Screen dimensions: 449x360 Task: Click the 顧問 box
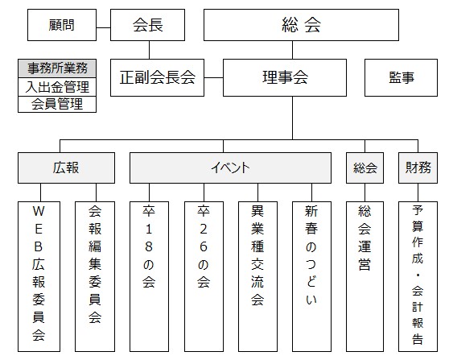(x=62, y=25)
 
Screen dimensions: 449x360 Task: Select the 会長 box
(x=147, y=25)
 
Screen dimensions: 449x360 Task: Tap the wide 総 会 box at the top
(x=301, y=25)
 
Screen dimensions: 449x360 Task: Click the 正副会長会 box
(x=157, y=77)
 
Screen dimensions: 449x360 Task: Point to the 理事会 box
(x=285, y=77)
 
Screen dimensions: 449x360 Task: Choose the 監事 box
(x=401, y=77)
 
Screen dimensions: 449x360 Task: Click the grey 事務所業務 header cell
(x=57, y=68)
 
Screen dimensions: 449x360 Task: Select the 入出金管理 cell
(x=57, y=87)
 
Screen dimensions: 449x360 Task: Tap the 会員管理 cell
(x=57, y=104)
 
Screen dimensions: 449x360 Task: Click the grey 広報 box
(x=66, y=168)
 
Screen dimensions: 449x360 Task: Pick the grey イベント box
(x=230, y=168)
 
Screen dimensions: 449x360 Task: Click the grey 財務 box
(x=418, y=168)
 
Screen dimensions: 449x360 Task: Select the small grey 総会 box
(x=365, y=168)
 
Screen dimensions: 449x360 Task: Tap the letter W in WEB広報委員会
(x=39, y=211)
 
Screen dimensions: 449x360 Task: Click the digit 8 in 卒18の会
(x=149, y=246)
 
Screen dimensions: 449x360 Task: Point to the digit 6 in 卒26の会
(x=204, y=246)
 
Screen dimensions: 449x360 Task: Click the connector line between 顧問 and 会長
(x=103, y=28)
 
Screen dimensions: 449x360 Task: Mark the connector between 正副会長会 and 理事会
(x=213, y=77)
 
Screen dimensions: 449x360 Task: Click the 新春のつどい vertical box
(x=311, y=276)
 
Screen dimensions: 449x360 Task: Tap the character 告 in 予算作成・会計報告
(x=418, y=339)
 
